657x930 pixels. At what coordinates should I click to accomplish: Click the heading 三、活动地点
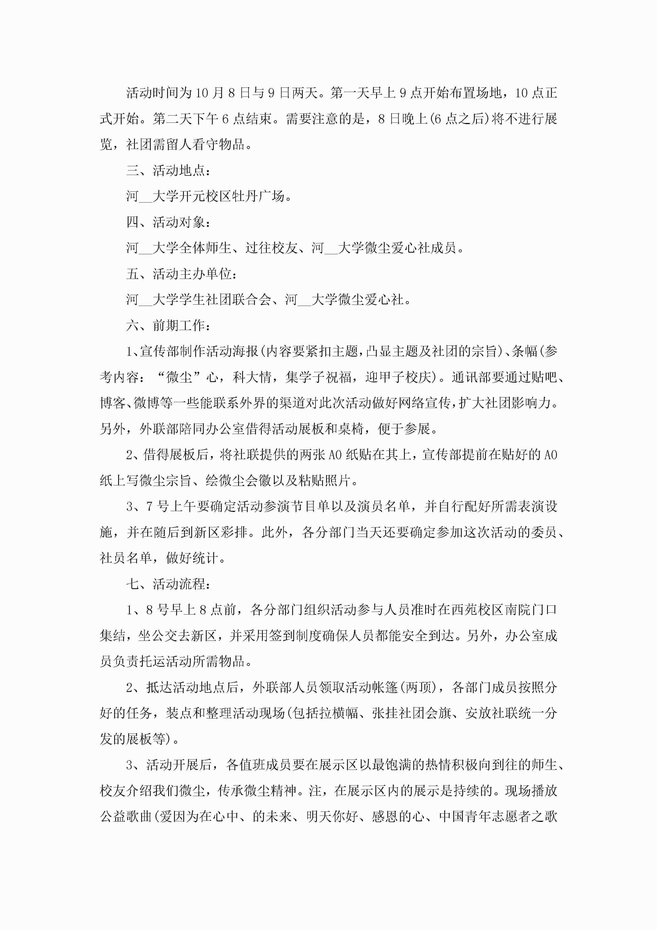pyautogui.click(x=168, y=170)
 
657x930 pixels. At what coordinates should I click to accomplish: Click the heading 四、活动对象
pyautogui.click(x=168, y=222)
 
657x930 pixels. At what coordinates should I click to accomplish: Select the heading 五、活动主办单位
pyautogui.click(x=181, y=274)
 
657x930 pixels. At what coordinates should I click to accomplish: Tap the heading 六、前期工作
pyautogui.click(x=168, y=325)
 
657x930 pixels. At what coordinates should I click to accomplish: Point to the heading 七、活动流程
pyautogui.click(x=168, y=584)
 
